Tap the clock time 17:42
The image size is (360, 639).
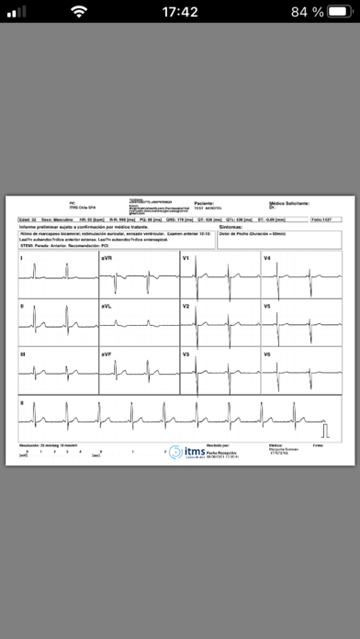click(179, 12)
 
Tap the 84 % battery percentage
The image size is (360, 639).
click(303, 12)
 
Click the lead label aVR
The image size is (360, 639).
click(107, 259)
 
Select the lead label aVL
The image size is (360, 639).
click(107, 306)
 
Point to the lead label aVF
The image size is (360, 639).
click(107, 353)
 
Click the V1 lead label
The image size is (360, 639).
click(186, 259)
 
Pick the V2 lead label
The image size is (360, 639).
click(186, 306)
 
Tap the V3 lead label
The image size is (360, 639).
click(186, 353)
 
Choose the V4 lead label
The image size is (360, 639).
click(267, 259)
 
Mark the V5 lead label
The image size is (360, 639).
click(267, 306)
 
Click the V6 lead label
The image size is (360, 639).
click(267, 353)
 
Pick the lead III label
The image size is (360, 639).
click(23, 353)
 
